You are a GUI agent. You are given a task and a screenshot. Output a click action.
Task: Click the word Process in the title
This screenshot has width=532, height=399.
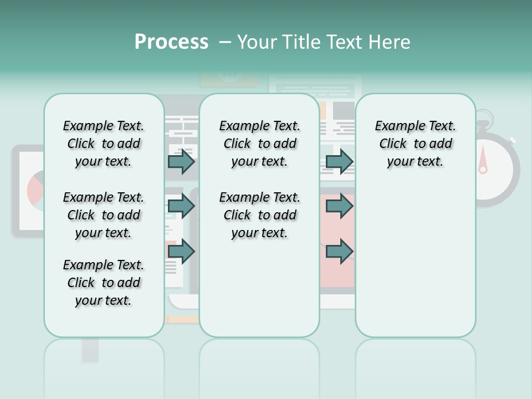click(171, 42)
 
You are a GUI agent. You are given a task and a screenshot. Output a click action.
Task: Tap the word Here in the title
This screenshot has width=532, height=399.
click(390, 42)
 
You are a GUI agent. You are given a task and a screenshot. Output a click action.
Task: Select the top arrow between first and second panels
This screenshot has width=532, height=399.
click(181, 162)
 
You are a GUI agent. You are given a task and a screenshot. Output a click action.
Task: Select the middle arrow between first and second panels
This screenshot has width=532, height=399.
click(181, 206)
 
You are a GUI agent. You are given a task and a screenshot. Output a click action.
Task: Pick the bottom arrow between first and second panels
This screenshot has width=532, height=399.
click(181, 252)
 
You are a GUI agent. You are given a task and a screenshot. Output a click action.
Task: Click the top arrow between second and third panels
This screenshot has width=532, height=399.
click(339, 162)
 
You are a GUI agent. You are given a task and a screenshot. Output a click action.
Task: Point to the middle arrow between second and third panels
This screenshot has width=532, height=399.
click(339, 206)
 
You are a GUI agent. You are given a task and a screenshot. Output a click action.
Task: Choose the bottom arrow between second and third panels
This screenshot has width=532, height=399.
click(339, 252)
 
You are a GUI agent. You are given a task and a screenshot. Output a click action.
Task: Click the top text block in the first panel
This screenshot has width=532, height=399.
click(104, 144)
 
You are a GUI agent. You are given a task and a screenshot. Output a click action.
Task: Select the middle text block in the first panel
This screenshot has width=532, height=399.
click(104, 215)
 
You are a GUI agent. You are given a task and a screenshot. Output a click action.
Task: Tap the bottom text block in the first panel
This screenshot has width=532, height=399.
click(104, 283)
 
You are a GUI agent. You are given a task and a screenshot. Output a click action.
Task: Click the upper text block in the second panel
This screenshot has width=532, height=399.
click(259, 144)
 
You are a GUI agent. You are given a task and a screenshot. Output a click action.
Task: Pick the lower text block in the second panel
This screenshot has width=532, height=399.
click(259, 215)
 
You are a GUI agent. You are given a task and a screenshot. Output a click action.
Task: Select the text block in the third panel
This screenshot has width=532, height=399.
click(415, 144)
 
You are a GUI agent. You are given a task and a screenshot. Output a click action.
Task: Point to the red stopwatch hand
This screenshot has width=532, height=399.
click(483, 159)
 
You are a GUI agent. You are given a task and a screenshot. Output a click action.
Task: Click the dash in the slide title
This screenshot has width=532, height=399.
click(225, 42)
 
